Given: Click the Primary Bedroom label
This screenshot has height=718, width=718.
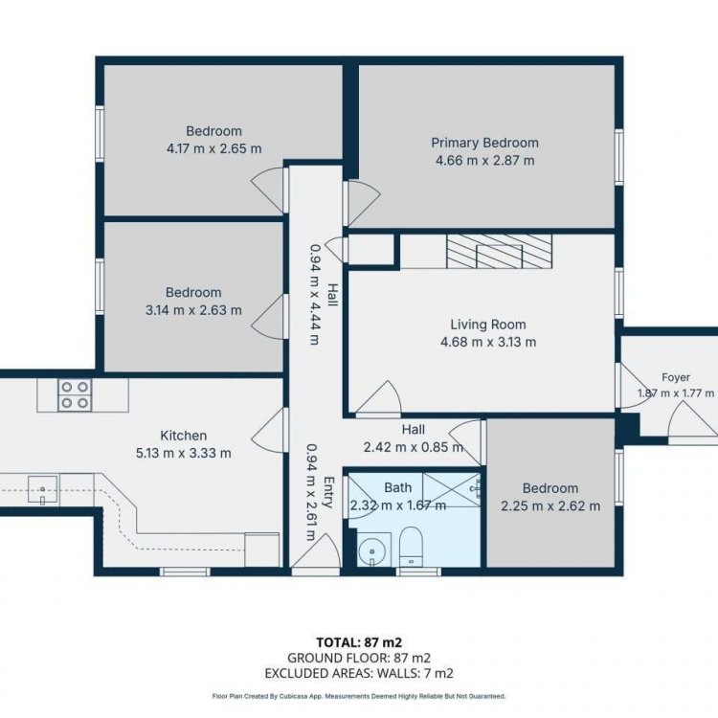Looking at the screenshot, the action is [484, 143].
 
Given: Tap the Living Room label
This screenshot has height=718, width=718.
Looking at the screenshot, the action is [488, 325].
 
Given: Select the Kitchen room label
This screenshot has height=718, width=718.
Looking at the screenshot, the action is [183, 436].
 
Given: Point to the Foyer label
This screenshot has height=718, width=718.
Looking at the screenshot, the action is [676, 377].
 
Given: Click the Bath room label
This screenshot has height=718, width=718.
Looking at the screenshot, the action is [397, 487].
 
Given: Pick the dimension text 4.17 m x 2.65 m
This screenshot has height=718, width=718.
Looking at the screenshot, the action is [213, 148].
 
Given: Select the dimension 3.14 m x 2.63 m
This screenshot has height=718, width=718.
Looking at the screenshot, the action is [193, 310].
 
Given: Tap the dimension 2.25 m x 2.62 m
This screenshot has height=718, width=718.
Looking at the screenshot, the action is [550, 506].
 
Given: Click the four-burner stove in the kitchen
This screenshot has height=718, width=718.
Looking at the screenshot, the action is [75, 395].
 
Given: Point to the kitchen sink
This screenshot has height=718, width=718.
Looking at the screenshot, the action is [42, 490].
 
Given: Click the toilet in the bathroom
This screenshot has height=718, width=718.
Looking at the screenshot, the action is [411, 547].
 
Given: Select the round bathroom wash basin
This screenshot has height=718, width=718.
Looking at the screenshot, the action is [372, 550].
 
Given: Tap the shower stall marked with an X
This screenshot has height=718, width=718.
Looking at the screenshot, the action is [452, 490].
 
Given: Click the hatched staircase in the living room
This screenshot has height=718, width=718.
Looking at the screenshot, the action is [499, 252].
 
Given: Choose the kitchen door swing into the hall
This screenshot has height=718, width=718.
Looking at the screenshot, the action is [269, 431].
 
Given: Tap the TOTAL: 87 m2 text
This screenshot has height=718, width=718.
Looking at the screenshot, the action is [359, 642].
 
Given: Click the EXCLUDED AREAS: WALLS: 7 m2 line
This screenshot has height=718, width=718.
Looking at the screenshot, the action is [359, 673].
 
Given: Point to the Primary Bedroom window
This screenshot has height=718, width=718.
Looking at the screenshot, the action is [619, 157].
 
